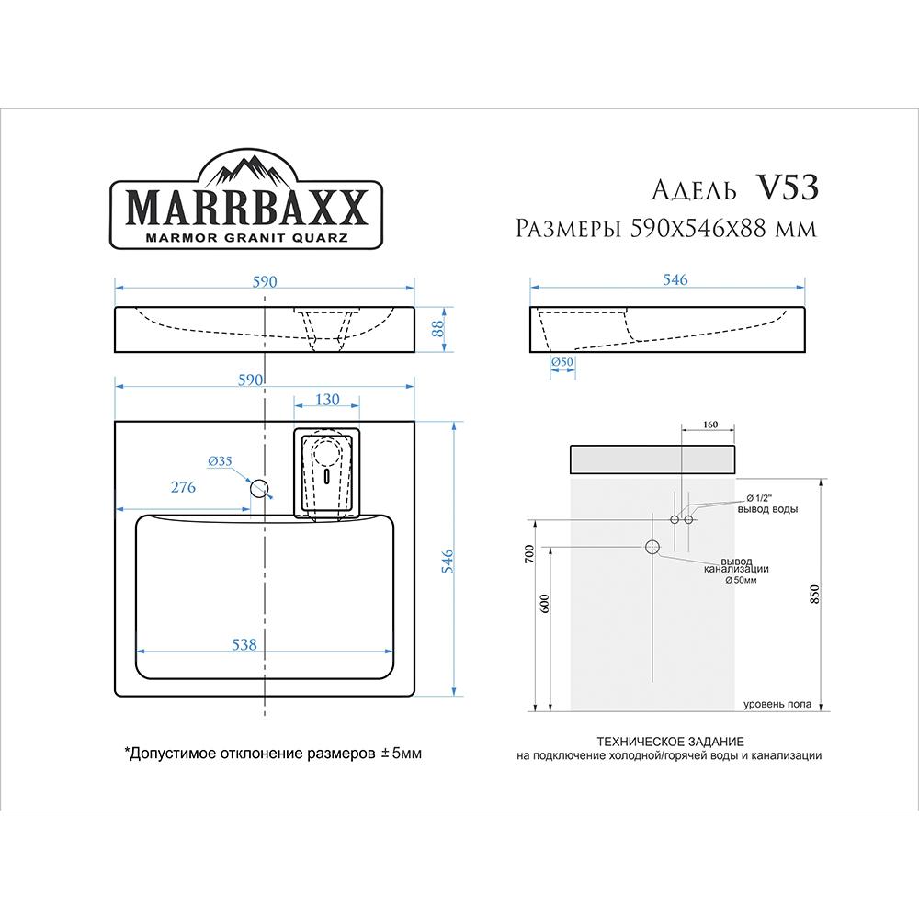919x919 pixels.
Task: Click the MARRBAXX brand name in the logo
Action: [246, 208]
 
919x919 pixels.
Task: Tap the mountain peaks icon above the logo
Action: [246, 169]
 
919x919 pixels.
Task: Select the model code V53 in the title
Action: [788, 188]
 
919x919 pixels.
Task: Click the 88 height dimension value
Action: [438, 329]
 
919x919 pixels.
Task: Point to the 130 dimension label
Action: [327, 399]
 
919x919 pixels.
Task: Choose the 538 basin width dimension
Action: [244, 645]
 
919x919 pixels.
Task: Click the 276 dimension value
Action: [183, 487]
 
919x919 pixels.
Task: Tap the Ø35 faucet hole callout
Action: [220, 461]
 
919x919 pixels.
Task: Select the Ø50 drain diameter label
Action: [562, 361]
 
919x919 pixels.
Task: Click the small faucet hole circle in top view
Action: [259, 488]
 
